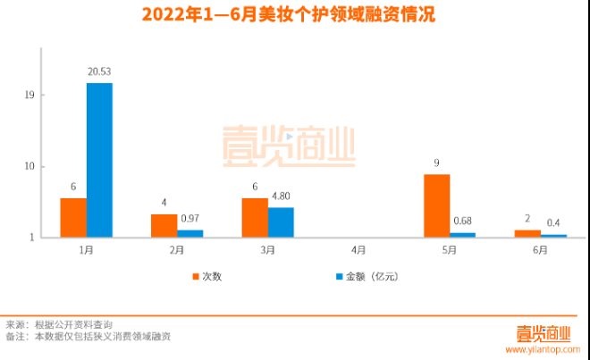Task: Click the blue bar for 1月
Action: (x=99, y=160)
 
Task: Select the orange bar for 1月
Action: (x=73, y=217)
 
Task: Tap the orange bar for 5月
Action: (x=436, y=205)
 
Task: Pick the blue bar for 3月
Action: (x=281, y=222)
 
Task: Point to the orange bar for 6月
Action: (x=527, y=233)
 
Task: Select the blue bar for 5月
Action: (x=462, y=234)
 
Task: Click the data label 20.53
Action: (x=99, y=71)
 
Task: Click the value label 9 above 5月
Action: (x=436, y=163)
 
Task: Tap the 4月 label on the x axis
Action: (x=358, y=251)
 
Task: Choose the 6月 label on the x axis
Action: (x=540, y=251)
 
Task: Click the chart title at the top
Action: (x=294, y=15)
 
